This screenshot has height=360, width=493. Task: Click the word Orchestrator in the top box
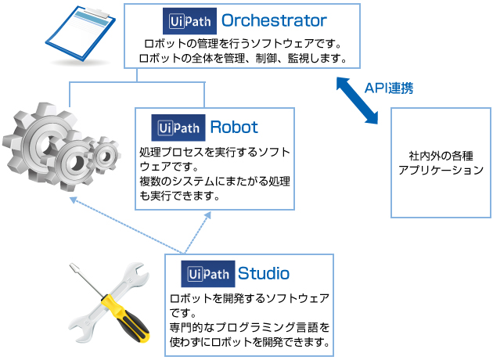click(x=274, y=20)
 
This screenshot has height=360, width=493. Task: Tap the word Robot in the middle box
click(x=234, y=127)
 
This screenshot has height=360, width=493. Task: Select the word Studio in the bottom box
click(x=264, y=273)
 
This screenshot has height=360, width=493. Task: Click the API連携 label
click(x=388, y=88)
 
